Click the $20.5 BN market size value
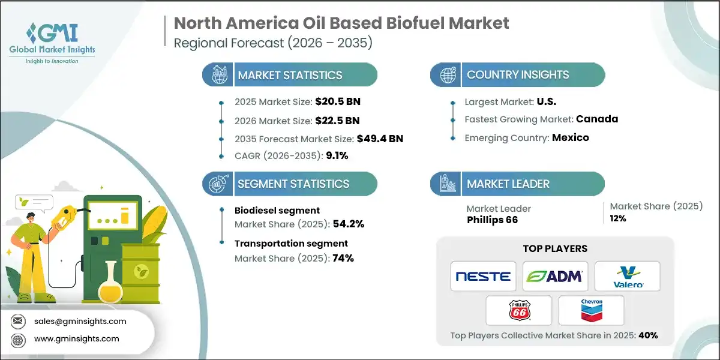[x=338, y=101]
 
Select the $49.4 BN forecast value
[x=379, y=139]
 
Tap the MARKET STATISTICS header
[x=290, y=76]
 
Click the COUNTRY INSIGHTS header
[x=517, y=75]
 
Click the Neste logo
[x=483, y=277]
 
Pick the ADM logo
[x=555, y=277]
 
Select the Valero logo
[x=627, y=277]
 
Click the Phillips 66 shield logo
[x=519, y=310]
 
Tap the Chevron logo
[x=591, y=310]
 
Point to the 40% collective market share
[x=648, y=335]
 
